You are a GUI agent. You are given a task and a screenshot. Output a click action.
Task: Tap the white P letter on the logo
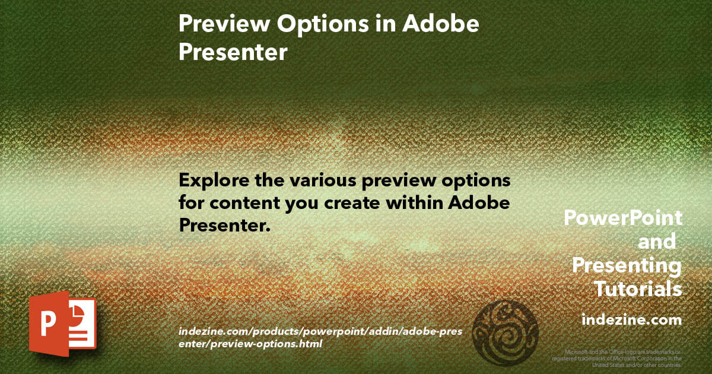point(48,326)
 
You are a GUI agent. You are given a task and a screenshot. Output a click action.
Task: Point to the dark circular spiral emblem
point(507,330)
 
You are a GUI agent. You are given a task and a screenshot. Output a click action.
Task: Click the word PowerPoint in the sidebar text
point(622,218)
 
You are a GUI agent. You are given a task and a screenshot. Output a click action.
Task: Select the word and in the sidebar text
point(656,242)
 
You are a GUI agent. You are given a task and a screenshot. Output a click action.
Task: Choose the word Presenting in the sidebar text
point(627,265)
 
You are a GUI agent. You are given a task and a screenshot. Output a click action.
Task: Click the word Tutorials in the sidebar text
point(638,289)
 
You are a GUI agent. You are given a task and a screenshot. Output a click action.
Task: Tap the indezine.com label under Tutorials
point(631,320)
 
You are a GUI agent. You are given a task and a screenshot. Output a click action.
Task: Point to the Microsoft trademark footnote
point(617,359)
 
